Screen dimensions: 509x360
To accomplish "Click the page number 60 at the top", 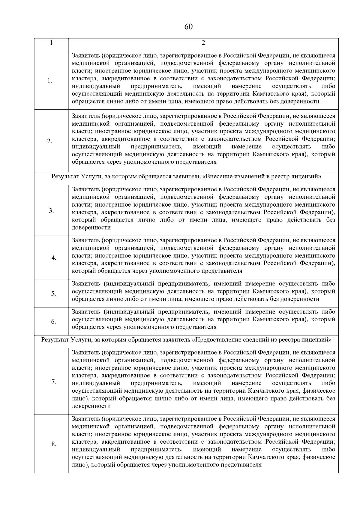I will click(x=188, y=27).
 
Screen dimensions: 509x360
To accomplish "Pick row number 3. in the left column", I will click(x=51, y=211).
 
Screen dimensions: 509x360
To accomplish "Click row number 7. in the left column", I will click(x=54, y=382).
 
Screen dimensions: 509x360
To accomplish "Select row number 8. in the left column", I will click(x=54, y=444).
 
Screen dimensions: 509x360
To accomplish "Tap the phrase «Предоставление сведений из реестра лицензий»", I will click(x=262, y=340).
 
